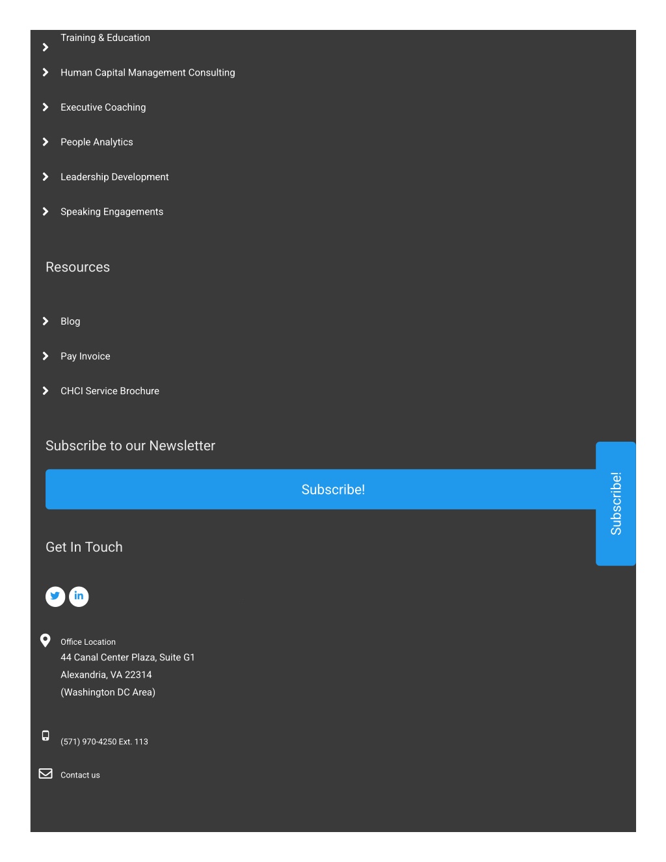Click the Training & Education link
[x=105, y=38]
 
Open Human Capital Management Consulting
[x=148, y=73]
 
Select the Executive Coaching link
[x=103, y=107]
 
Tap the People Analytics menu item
[x=97, y=142]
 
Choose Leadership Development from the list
[x=114, y=177]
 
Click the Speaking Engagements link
[x=112, y=212]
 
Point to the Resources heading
[x=77, y=267]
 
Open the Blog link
[x=70, y=321]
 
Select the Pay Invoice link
[x=85, y=357]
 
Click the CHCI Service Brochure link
[x=110, y=391]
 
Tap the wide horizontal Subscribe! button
[x=320, y=489]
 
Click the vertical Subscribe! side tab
[x=616, y=504]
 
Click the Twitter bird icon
[x=55, y=596]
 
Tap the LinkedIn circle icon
[x=79, y=596]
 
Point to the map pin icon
[x=45, y=640]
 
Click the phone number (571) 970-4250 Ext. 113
[x=104, y=742]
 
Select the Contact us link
[x=80, y=775]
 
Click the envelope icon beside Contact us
[x=46, y=774]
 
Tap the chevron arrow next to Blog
[x=45, y=321]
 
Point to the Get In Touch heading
[x=84, y=547]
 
